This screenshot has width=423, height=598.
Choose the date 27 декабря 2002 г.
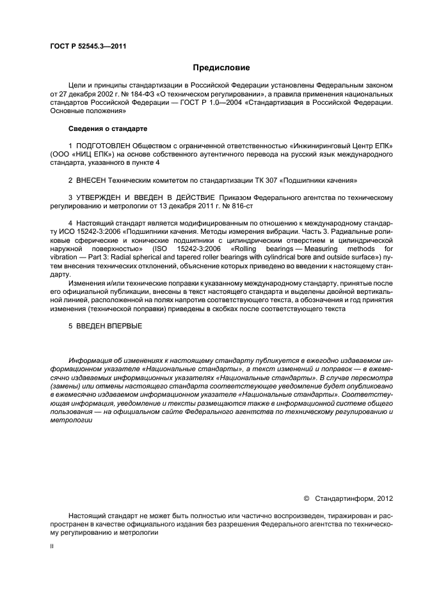point(81,93)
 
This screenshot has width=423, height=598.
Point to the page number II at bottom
point(52,547)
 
